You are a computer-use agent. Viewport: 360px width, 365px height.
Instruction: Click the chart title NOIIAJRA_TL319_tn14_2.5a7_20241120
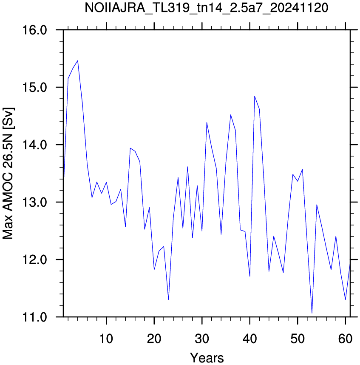[x=206, y=8]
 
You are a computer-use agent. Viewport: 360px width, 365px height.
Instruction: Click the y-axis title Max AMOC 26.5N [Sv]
[x=8, y=173]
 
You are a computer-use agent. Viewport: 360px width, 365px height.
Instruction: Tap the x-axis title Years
[x=207, y=357]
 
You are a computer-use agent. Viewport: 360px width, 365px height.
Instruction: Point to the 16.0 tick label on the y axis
[x=35, y=30]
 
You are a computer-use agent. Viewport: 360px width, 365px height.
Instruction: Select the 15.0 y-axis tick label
[x=35, y=87]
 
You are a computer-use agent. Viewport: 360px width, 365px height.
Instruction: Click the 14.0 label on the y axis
[x=35, y=145]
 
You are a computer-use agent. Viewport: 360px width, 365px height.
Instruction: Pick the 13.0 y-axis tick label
[x=35, y=202]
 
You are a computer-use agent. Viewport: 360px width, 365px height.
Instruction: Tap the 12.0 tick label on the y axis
[x=35, y=259]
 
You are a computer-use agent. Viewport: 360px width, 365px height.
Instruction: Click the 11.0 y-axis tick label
[x=35, y=317]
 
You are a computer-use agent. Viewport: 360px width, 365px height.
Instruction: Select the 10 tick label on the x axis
[x=106, y=339]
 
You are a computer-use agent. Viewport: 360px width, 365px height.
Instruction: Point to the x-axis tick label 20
[x=154, y=339]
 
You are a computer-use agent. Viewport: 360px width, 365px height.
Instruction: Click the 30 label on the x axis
[x=202, y=339]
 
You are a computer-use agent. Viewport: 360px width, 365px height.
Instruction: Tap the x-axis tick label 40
[x=250, y=339]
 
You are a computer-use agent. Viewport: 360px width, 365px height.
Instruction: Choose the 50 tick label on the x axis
[x=298, y=339]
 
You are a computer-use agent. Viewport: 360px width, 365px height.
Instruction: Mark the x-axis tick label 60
[x=346, y=339]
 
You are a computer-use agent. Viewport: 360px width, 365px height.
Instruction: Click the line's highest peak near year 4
[x=78, y=60]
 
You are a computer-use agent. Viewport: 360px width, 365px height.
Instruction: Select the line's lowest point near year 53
[x=312, y=313]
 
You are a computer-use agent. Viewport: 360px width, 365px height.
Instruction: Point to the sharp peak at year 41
[x=255, y=96]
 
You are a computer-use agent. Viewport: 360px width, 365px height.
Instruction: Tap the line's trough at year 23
[x=168, y=299]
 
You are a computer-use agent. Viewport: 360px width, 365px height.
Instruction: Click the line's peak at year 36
[x=231, y=115]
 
